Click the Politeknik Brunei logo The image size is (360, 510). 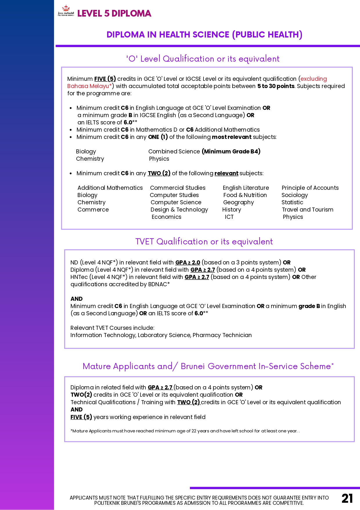point(66,11)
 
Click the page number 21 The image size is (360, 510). point(347,498)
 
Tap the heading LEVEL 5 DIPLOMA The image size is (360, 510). point(114,13)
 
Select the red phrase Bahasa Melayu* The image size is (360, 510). point(89,86)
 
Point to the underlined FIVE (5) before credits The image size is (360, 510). point(105,79)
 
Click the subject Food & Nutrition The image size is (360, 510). point(245,195)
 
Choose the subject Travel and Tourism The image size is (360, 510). point(307,210)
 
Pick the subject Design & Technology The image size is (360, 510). point(179,210)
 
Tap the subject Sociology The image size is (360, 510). point(294,195)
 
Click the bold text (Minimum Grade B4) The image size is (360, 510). point(231,151)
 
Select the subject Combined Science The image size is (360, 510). point(174,151)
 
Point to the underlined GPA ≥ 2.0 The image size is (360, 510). point(188,262)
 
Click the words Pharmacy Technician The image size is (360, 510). point(222,335)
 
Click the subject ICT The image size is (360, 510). point(229,217)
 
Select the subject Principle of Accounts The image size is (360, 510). point(310,188)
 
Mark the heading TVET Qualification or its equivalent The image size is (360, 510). point(204,241)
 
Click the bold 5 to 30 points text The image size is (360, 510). point(276,86)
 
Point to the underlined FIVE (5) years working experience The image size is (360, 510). point(81,417)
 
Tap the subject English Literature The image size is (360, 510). point(246,188)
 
